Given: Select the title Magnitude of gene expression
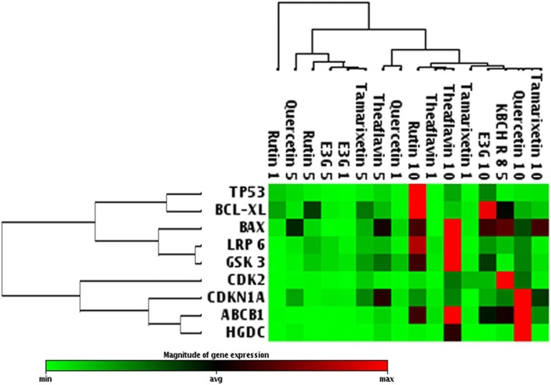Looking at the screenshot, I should pyautogui.click(x=214, y=354).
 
